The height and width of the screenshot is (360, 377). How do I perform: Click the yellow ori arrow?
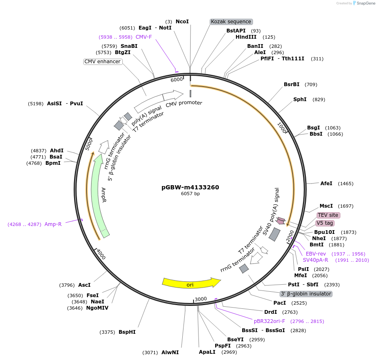[191, 283]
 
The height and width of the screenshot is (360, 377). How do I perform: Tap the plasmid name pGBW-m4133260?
[190, 187]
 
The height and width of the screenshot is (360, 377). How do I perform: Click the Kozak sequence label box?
[231, 22]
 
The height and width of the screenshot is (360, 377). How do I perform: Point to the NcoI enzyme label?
[182, 21]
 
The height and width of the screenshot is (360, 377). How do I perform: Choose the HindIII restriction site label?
[246, 37]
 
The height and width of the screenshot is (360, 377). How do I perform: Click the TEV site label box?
[328, 215]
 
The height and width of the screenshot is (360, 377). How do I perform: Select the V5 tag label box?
[325, 223]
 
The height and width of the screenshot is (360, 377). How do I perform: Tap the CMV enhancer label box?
[102, 62]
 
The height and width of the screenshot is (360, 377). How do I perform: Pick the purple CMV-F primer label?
[144, 37]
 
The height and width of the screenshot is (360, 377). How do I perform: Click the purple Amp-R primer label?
[53, 224]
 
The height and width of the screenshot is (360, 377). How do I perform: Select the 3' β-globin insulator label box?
[306, 294]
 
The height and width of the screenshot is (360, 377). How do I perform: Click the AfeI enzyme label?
[326, 184]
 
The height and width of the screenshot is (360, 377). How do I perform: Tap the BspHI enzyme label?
[127, 332]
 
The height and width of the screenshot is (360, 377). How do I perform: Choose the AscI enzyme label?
[84, 285]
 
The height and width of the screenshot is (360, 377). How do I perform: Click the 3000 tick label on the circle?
[201, 299]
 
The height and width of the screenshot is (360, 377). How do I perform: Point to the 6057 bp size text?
[190, 194]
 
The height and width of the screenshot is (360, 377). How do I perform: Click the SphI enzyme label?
[300, 99]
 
